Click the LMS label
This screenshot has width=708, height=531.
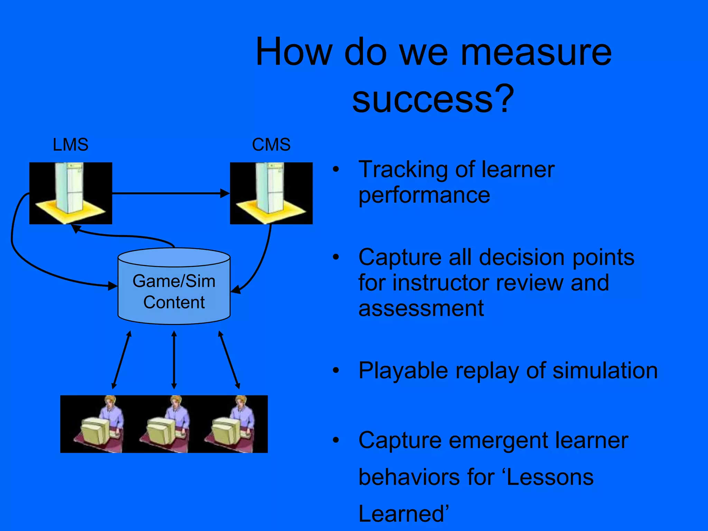71,145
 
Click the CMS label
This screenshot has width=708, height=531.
271,145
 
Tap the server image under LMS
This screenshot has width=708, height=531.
71,193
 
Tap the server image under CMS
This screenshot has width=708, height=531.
271,193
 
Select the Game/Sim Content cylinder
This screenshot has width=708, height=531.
174,290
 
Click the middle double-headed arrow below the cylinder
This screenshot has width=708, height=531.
174,360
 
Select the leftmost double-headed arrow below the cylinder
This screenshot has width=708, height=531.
121,360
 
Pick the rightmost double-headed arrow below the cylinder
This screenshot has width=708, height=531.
229,360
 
